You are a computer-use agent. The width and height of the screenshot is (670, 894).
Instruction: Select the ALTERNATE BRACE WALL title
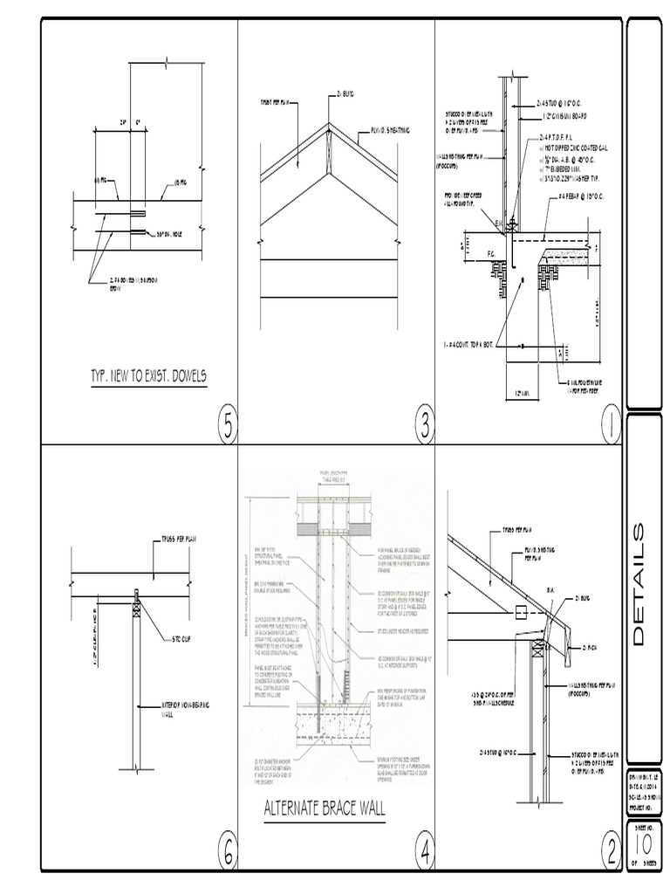[324, 808]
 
